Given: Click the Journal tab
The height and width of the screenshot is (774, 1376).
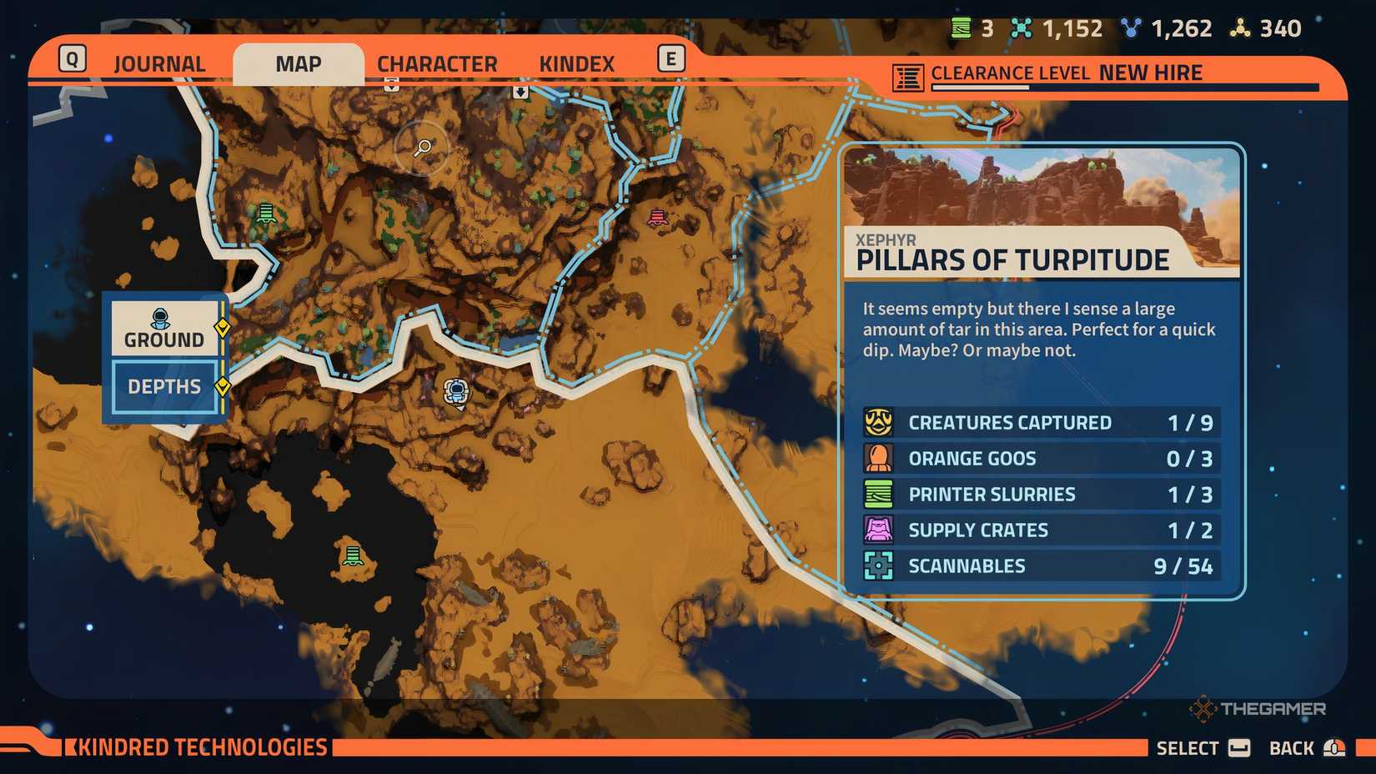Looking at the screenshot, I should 158,64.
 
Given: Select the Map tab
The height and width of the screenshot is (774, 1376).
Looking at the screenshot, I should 298,64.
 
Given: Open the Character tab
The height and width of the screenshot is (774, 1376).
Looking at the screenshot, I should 436,64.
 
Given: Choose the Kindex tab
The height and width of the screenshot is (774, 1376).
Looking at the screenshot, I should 576,64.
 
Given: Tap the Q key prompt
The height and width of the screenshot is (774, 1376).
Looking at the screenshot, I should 73,59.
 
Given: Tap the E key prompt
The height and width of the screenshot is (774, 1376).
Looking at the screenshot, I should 670,59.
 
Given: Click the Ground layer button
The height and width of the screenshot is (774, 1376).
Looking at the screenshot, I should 164,329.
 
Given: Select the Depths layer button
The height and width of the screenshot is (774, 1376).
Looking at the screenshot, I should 164,386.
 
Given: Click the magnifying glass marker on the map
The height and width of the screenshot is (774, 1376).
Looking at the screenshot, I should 423,148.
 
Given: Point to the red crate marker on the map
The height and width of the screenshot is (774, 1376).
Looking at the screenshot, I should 657,219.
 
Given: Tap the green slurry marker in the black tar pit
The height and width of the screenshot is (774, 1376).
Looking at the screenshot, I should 353,555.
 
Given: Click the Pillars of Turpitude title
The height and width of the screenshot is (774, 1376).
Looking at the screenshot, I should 1012,260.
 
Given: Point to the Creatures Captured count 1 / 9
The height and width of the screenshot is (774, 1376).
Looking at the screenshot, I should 1189,423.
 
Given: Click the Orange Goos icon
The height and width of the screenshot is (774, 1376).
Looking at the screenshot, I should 878,458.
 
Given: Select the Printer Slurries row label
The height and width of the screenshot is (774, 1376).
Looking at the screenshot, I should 992,495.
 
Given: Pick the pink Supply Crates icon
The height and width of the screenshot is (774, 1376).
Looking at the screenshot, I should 878,530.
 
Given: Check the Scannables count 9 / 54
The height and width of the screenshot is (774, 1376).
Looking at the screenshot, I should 1183,566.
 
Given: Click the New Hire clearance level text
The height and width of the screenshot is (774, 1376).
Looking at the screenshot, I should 1150,73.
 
